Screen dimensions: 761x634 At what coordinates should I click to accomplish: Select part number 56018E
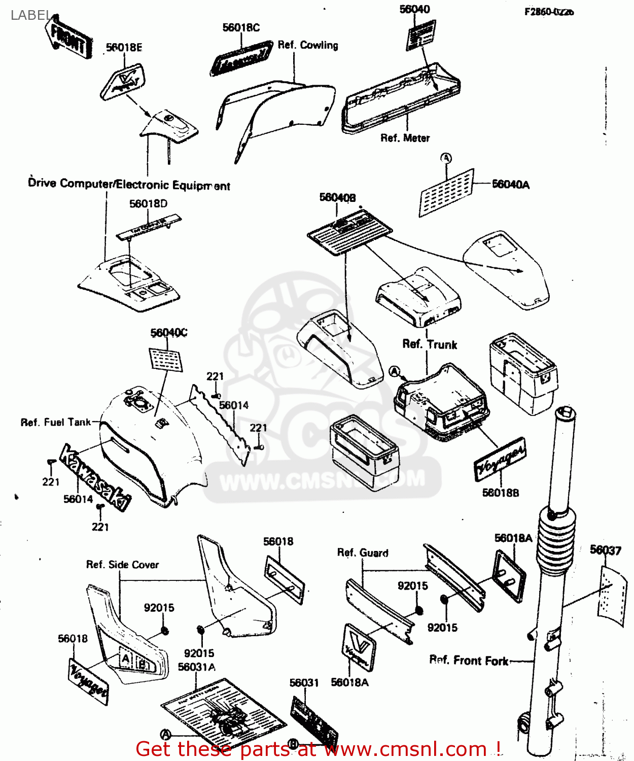point(124,48)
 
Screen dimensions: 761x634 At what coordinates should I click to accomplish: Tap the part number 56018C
point(241,27)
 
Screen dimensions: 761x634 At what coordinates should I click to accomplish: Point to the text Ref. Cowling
point(308,45)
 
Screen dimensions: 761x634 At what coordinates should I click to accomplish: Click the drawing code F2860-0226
point(549,12)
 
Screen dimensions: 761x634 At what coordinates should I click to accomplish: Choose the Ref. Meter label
point(405,138)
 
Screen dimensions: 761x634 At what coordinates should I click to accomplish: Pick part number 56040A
point(510,185)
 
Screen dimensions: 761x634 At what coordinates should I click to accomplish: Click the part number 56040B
point(337,197)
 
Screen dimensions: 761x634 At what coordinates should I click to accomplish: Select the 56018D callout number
point(148,204)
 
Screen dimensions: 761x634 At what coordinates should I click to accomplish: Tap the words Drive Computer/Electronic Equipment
point(129,184)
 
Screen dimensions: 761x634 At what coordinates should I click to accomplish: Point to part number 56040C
point(168,333)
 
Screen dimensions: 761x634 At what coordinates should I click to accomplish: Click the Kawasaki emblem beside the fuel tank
point(95,477)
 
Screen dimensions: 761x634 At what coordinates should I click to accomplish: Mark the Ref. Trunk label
point(430,344)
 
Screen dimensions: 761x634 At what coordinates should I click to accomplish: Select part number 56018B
point(500,493)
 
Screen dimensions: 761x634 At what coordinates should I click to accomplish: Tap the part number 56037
point(605,550)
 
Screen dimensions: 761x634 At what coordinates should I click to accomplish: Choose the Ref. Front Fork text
point(469,661)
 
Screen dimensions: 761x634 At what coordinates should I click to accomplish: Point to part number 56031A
point(196,667)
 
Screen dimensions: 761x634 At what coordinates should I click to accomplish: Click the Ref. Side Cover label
point(122,565)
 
